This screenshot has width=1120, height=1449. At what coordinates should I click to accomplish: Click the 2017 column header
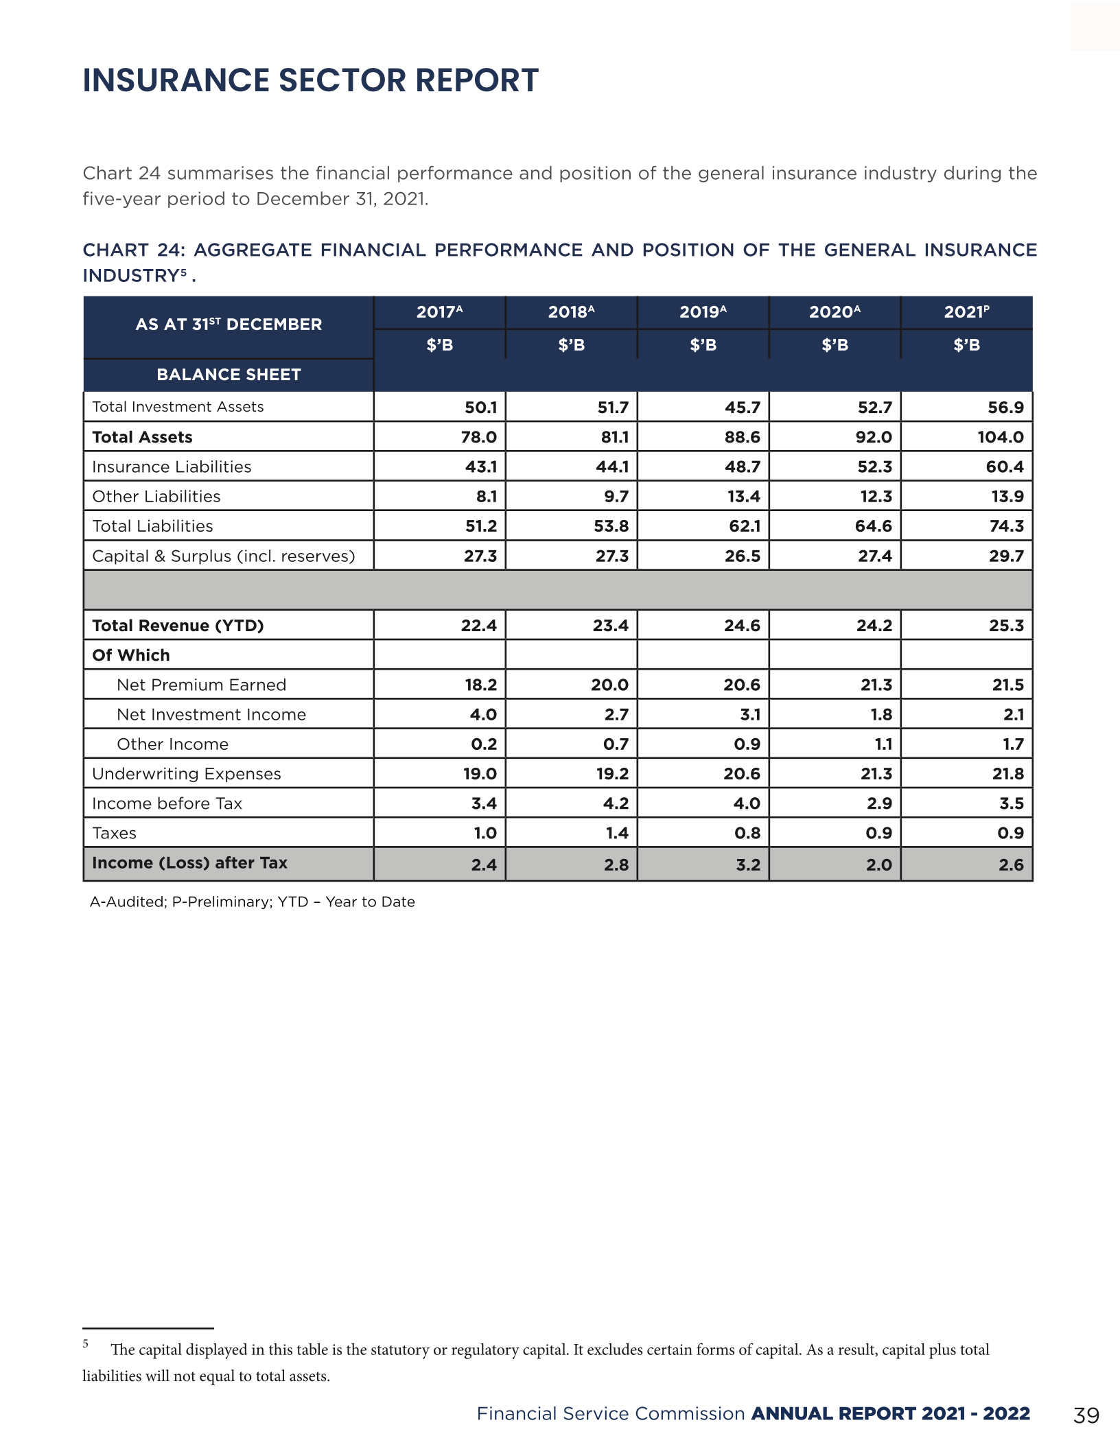(439, 312)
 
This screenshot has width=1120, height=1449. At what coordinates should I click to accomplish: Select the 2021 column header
(966, 312)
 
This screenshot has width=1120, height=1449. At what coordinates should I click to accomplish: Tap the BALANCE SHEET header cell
(229, 375)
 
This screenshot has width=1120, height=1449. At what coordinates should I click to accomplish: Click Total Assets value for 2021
(1000, 437)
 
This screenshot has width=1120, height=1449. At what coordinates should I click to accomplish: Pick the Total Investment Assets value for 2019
(742, 408)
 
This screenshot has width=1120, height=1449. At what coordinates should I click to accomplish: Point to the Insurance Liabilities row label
(172, 467)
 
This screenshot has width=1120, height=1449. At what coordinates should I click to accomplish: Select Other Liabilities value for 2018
(616, 497)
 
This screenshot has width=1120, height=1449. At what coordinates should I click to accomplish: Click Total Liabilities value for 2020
(873, 526)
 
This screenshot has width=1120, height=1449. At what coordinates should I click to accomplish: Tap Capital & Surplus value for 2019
(742, 556)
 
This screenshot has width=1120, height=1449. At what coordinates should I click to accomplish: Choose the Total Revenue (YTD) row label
(178, 626)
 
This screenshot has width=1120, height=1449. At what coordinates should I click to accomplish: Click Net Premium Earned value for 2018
(609, 685)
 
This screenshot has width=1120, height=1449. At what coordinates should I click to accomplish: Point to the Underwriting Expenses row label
(187, 774)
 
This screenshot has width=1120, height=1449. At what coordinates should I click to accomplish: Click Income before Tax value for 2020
(878, 803)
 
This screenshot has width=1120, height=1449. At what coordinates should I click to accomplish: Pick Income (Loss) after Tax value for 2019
(747, 864)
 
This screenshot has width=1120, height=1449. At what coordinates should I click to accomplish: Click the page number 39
(1086, 1415)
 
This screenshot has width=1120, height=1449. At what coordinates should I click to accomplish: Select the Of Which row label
(131, 655)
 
